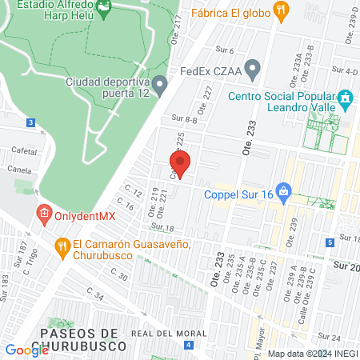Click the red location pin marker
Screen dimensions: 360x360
(x=181, y=163)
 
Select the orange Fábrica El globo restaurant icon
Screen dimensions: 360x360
(x=280, y=10)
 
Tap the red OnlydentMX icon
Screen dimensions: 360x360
(x=43, y=214)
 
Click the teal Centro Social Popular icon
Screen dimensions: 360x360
(x=346, y=100)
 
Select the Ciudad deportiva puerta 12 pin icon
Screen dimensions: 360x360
(x=160, y=83)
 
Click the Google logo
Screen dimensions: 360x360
(x=26, y=350)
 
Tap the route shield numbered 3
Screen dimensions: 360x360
(x=30, y=122)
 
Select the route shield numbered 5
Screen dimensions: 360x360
(x=330, y=242)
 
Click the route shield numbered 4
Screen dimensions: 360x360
(x=188, y=345)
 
